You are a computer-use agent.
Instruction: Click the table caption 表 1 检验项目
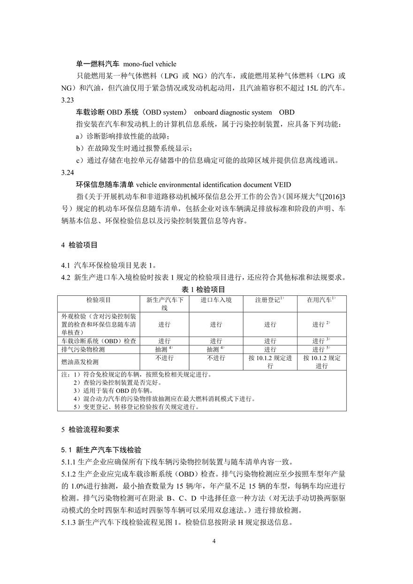coord(203,289)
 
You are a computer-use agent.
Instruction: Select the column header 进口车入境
coord(216,300)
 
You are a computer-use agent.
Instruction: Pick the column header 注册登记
coord(270,300)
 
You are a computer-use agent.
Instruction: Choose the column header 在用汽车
coord(321,300)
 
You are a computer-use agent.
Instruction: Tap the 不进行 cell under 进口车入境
coord(216,358)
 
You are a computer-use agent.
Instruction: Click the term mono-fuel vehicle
coord(150,64)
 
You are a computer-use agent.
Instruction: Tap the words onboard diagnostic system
coord(232,112)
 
